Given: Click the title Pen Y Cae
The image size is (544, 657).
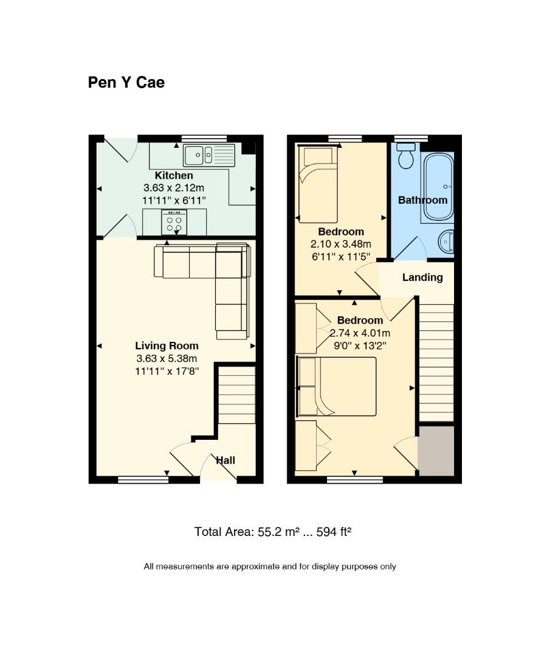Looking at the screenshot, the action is (126, 83).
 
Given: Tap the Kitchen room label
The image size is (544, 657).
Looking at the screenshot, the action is (174, 176).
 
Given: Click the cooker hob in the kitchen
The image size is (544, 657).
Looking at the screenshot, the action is (174, 222).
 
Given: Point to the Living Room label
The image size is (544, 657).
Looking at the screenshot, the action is (167, 346).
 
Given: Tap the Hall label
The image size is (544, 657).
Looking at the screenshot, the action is (226, 461).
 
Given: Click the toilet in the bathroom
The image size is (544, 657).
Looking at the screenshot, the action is (406, 156).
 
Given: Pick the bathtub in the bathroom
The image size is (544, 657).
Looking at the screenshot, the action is (438, 187).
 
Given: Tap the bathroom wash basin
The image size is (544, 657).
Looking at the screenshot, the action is (446, 242).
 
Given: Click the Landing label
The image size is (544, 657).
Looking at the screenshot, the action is (422, 277).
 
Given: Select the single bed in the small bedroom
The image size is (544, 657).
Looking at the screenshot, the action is (317, 184).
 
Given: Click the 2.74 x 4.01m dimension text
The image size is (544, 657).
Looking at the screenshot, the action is (360, 333).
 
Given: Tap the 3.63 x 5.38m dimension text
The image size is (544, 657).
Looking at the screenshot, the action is (167, 359).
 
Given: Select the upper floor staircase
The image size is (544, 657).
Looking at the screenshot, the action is (437, 363).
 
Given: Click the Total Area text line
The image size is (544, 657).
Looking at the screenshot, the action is (273, 532).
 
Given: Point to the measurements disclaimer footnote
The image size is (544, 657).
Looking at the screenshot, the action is (270, 566).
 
